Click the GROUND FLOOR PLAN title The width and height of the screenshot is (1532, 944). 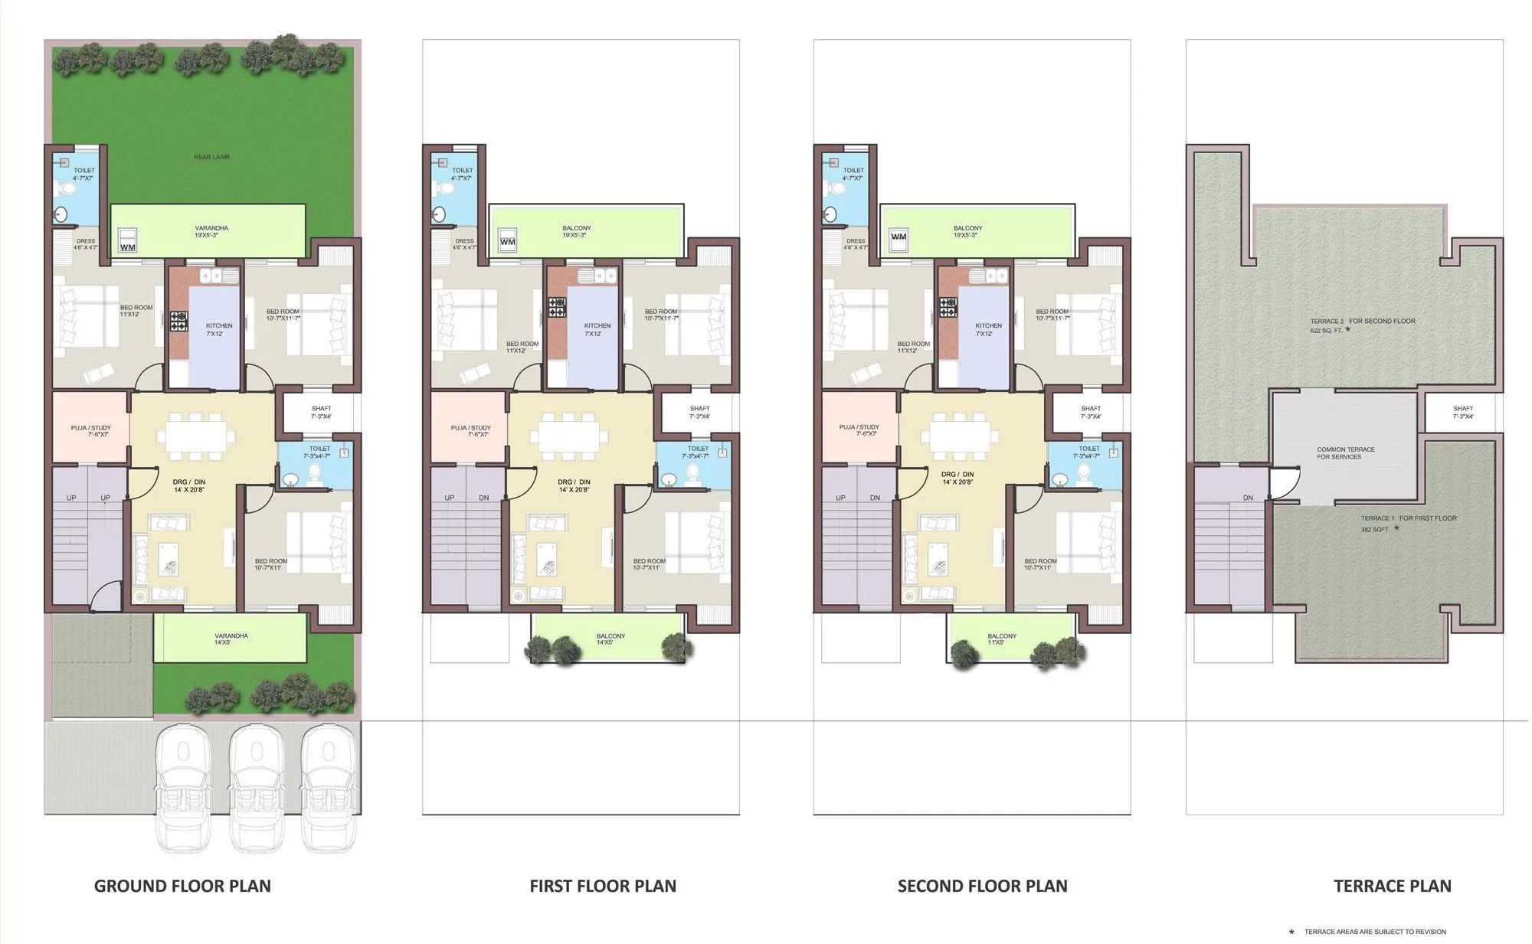tap(182, 886)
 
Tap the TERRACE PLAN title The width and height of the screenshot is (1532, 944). tap(1392, 886)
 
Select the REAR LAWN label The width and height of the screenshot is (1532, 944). tap(211, 157)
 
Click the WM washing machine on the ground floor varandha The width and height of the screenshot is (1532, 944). tap(128, 243)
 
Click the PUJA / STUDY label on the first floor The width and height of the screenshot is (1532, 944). tap(470, 431)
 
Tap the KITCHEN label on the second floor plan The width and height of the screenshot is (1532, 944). tap(988, 329)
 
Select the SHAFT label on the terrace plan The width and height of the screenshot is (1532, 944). tap(1462, 412)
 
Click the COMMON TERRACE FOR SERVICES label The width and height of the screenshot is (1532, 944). tap(1345, 453)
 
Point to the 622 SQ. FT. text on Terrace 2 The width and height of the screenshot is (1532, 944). tap(1327, 331)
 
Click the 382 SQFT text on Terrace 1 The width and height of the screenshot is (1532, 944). tap(1374, 529)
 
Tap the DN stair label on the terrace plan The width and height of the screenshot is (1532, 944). tap(1248, 498)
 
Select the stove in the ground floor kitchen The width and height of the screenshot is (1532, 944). tap(178, 321)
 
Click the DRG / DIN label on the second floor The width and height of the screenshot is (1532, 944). tap(957, 479)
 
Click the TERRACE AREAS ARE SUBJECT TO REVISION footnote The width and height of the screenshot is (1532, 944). tap(1375, 932)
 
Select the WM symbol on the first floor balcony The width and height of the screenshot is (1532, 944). tap(507, 242)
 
